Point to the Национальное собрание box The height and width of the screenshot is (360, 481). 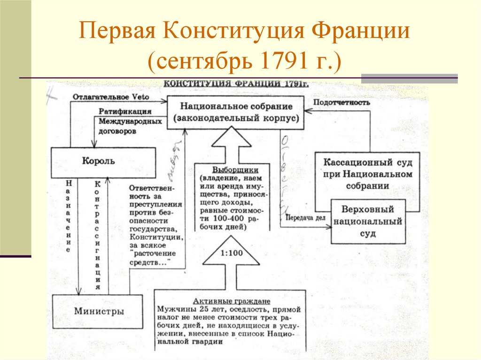point(236,113)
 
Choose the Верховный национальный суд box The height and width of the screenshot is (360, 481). point(368,221)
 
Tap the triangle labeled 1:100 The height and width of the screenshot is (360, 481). point(231,253)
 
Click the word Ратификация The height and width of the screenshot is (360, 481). point(125,112)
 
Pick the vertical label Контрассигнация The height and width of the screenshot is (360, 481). point(98,235)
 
